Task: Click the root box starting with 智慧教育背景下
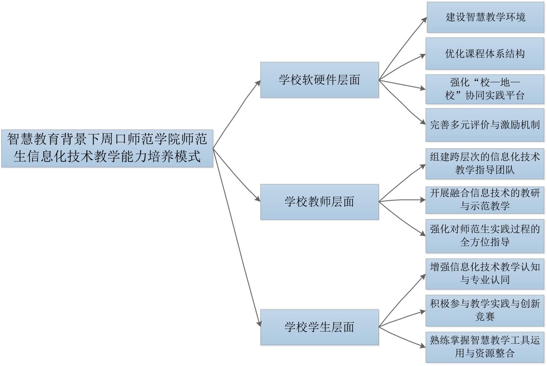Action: [x=107, y=148]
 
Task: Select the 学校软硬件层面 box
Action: [x=319, y=80]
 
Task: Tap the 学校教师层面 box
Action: [x=319, y=202]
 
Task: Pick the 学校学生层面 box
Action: [x=319, y=327]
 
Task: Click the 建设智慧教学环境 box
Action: [x=485, y=17]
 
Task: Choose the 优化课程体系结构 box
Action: [x=485, y=54]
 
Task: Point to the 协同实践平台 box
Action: [x=485, y=89]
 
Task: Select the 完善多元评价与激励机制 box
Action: [x=485, y=125]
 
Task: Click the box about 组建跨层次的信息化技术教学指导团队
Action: [x=485, y=163]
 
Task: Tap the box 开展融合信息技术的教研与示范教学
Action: [x=485, y=200]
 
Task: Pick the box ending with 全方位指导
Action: [x=485, y=236]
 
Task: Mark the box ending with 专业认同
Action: [x=485, y=274]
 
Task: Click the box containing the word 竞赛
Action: [x=485, y=310]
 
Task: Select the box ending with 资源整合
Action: [x=485, y=347]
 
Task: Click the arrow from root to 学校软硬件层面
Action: [x=236, y=115]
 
